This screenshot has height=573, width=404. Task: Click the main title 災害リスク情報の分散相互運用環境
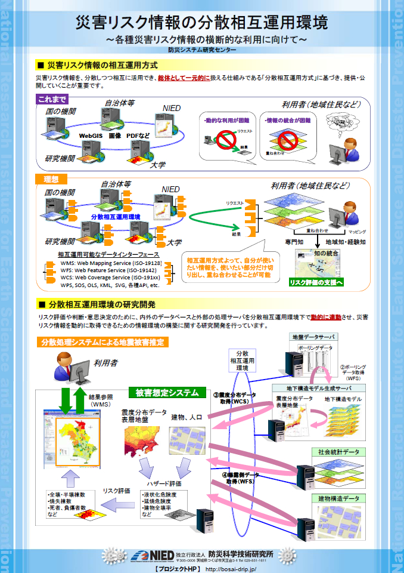pos(201,23)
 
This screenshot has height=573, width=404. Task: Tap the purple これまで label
pos(52,99)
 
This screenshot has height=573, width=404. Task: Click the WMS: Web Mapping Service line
pos(111,263)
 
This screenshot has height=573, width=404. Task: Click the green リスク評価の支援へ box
pos(316,282)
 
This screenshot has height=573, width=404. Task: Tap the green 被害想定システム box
pos(166,392)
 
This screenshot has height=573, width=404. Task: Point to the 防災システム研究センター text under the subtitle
pos(201,50)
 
